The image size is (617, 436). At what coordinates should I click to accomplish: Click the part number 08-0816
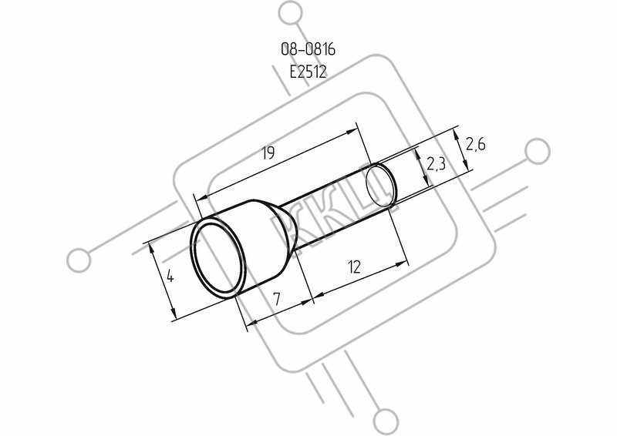(x=308, y=49)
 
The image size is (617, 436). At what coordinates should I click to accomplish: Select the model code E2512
(x=308, y=72)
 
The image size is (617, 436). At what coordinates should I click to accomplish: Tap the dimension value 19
(x=268, y=153)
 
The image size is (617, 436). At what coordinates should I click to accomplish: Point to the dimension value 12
(x=354, y=267)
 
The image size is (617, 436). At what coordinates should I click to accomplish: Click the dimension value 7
(x=277, y=299)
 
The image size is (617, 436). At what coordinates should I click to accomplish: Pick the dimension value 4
(x=170, y=277)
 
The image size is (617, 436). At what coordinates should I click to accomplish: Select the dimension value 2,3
(x=436, y=163)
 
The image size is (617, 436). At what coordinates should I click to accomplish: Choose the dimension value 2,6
(x=475, y=144)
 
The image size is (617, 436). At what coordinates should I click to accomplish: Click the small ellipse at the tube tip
(x=379, y=186)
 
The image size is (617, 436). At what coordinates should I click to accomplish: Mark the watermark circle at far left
(x=79, y=260)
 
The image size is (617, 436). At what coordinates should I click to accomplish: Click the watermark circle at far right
(x=538, y=151)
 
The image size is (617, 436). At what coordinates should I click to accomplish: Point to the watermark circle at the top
(x=291, y=13)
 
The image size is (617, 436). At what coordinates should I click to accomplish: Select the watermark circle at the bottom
(x=386, y=421)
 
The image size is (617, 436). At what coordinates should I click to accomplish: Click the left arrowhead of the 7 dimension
(x=252, y=323)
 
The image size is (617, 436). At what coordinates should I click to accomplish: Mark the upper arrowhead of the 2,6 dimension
(x=457, y=136)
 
